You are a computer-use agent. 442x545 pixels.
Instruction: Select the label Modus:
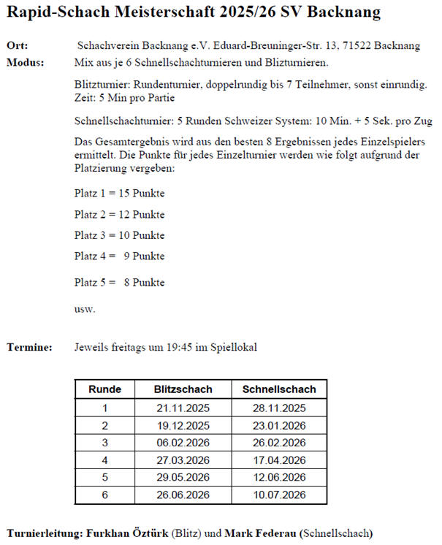click(x=25, y=62)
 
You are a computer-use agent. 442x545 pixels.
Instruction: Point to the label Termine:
click(x=29, y=348)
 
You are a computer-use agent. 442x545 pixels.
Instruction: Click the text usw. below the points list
click(x=85, y=308)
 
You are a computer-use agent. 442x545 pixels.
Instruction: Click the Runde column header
click(x=104, y=389)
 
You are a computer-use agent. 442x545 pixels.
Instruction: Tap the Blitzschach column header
click(x=183, y=389)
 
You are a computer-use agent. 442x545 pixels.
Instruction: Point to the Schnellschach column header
click(x=279, y=389)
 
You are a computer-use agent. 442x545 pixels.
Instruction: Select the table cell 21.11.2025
click(x=183, y=408)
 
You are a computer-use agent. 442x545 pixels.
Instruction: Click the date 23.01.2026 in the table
click(x=279, y=425)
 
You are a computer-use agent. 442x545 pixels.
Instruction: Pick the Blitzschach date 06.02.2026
click(x=183, y=443)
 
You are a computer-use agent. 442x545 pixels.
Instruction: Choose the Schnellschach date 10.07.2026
click(x=279, y=495)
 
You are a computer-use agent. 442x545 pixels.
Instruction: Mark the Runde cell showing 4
click(x=104, y=460)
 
